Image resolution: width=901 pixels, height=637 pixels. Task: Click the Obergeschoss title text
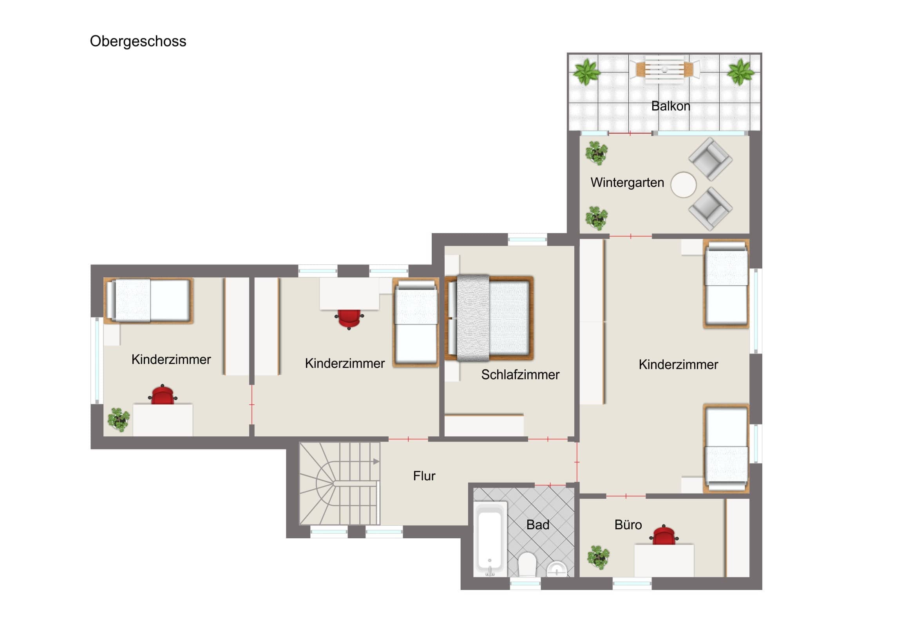click(138, 41)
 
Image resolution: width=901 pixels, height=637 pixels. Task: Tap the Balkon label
click(671, 106)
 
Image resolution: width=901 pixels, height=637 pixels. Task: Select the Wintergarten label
click(627, 183)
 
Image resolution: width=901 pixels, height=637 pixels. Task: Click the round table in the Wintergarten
click(683, 185)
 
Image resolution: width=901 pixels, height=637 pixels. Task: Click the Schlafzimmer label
click(520, 375)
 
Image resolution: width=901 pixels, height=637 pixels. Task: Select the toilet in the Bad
click(527, 564)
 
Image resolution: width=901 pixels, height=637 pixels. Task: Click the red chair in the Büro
click(664, 535)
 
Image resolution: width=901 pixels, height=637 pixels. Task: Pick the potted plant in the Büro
click(599, 557)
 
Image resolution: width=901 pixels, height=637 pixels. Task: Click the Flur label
click(424, 476)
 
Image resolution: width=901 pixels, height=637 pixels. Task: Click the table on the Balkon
click(664, 69)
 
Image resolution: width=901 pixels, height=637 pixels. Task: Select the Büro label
click(628, 525)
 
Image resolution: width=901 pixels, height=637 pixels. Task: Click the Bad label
click(537, 525)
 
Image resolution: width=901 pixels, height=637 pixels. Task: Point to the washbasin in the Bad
click(556, 569)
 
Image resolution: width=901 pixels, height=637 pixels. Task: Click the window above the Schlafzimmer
click(527, 239)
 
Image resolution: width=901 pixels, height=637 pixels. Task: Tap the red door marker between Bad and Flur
click(550, 485)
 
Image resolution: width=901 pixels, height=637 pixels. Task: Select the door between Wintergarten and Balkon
click(630, 134)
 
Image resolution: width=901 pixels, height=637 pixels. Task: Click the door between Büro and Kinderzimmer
click(626, 496)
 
